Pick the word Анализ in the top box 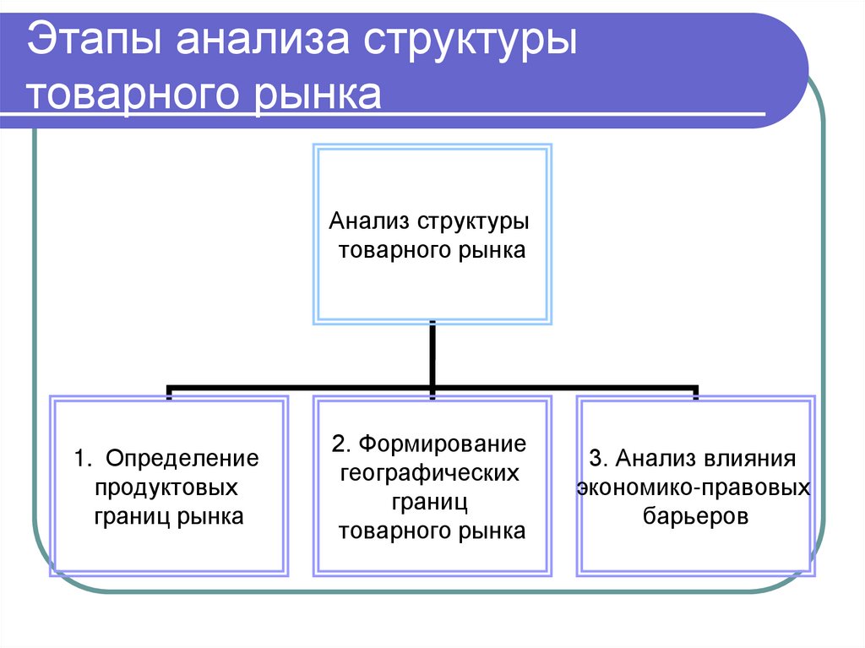coord(368,222)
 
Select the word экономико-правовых coord(693,487)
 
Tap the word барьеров coord(695,516)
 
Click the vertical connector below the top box coord(432,355)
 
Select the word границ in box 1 coord(132,516)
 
